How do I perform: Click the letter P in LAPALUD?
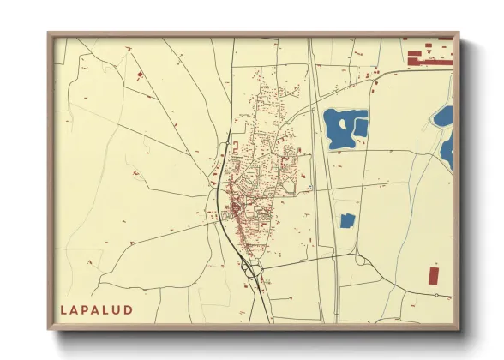pyautogui.click(x=90, y=309)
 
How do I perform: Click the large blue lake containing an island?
pyautogui.click(x=341, y=127)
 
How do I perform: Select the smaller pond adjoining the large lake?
pyautogui.click(x=362, y=128)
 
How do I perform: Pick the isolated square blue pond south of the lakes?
pyautogui.click(x=347, y=221)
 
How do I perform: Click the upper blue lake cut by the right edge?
pyautogui.click(x=444, y=115)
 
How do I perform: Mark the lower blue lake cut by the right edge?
pyautogui.click(x=447, y=150)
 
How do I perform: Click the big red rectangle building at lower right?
pyautogui.click(x=433, y=275)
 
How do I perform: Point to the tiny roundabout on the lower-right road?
pyautogui.click(x=436, y=295)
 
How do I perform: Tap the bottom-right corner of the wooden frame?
pyautogui.click(x=459, y=328)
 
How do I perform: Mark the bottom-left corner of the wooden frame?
pyautogui.click(x=50, y=328)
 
